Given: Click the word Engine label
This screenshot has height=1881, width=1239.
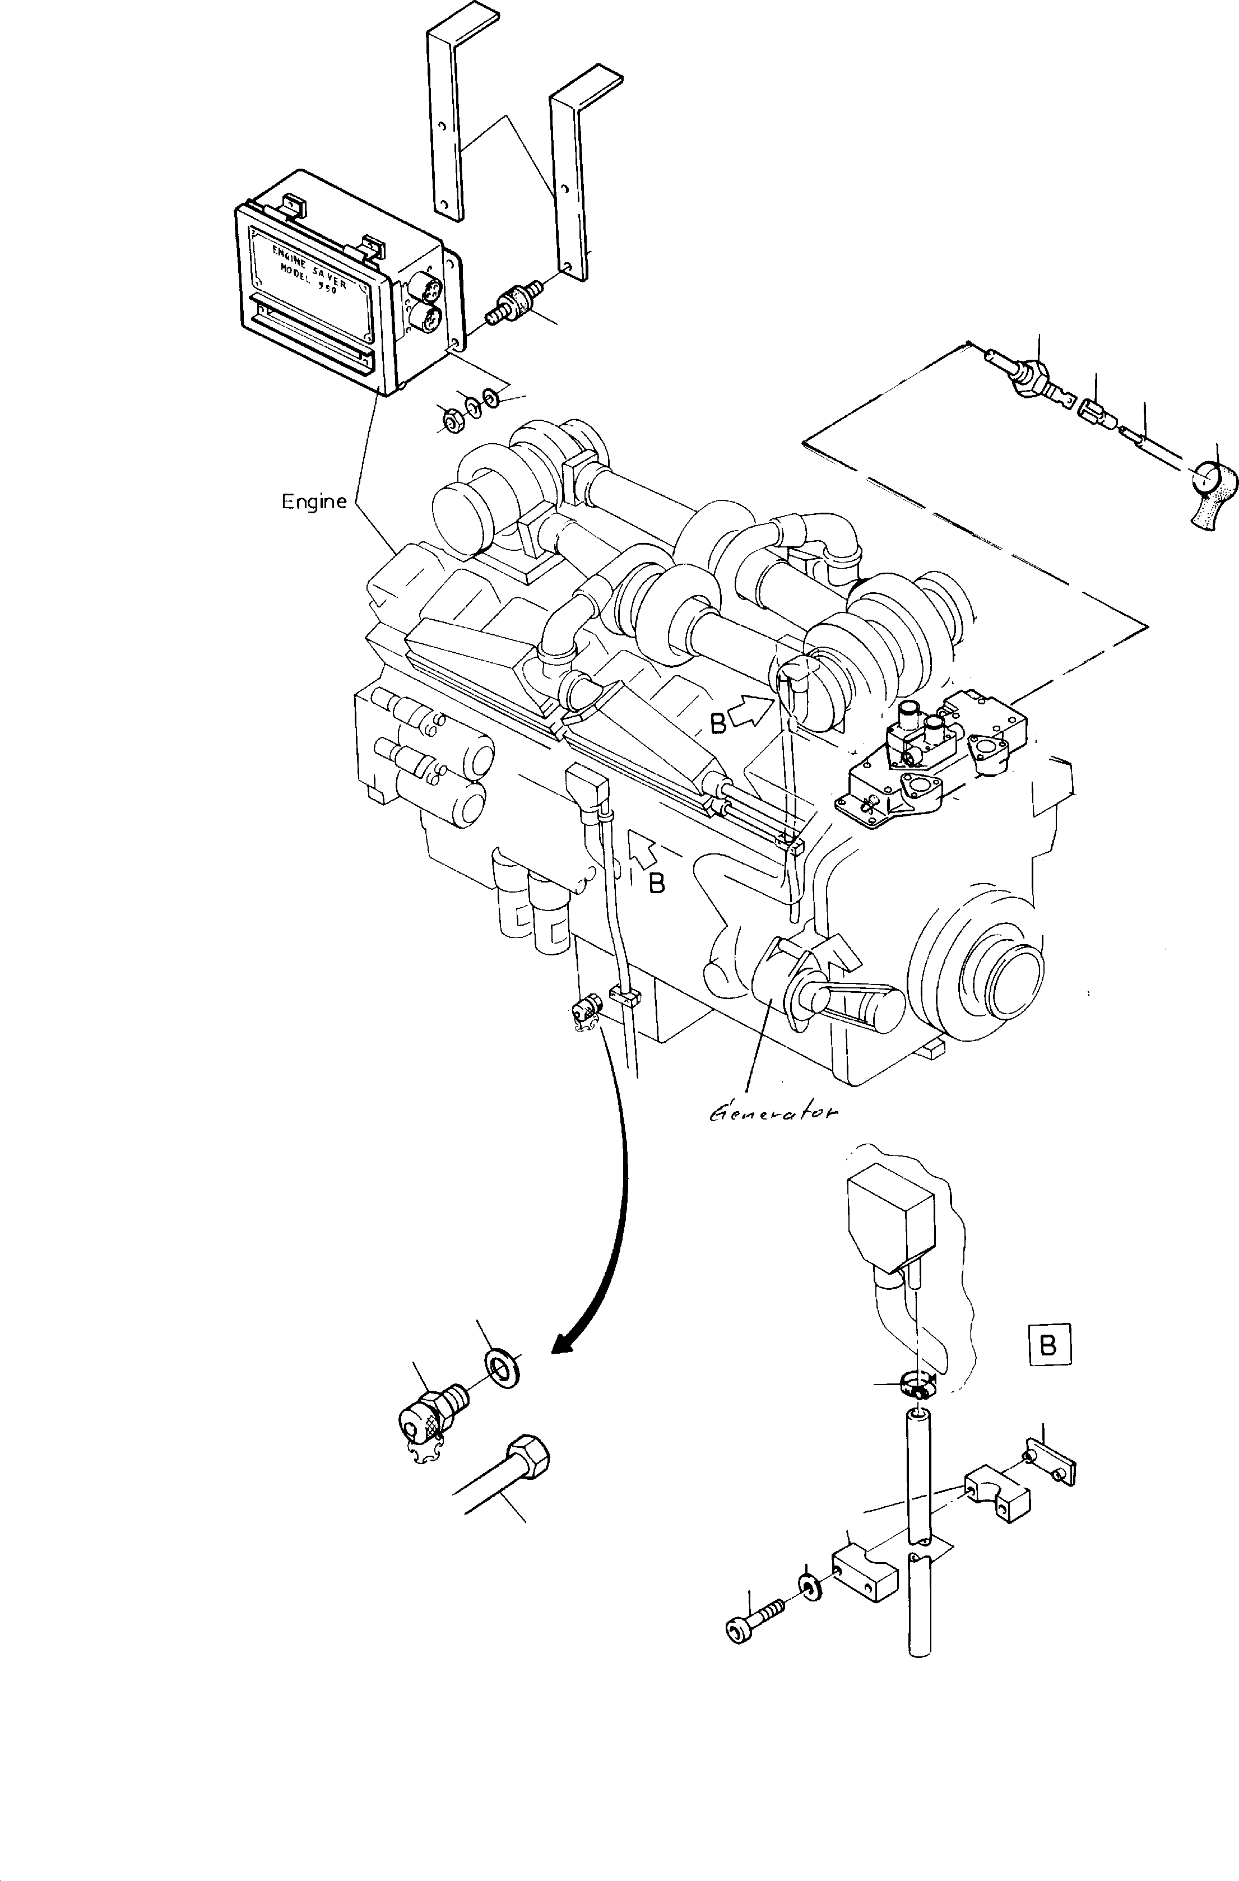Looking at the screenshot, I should coord(314,501).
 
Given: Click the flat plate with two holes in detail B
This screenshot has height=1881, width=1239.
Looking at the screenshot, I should coord(1050,1467).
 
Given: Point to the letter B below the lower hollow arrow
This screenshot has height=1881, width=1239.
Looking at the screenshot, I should coord(657,884).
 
